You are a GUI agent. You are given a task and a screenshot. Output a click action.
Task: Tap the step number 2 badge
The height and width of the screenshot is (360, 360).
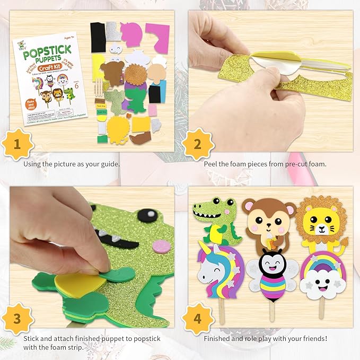tap(197, 143)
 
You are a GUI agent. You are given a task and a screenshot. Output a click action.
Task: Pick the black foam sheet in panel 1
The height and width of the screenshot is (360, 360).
tap(98, 37)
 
